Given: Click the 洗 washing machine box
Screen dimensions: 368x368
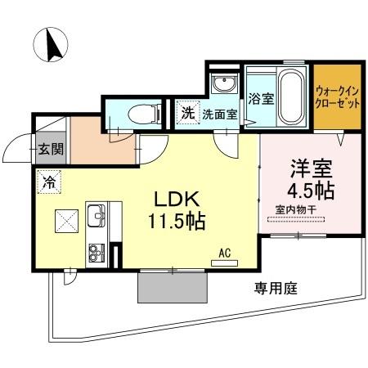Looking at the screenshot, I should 187,114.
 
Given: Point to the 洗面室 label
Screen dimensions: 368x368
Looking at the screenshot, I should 220,114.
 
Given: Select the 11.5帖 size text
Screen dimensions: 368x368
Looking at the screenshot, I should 176,221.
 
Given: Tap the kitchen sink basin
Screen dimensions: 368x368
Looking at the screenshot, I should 96,217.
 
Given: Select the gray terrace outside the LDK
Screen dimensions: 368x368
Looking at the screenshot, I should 173,286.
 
